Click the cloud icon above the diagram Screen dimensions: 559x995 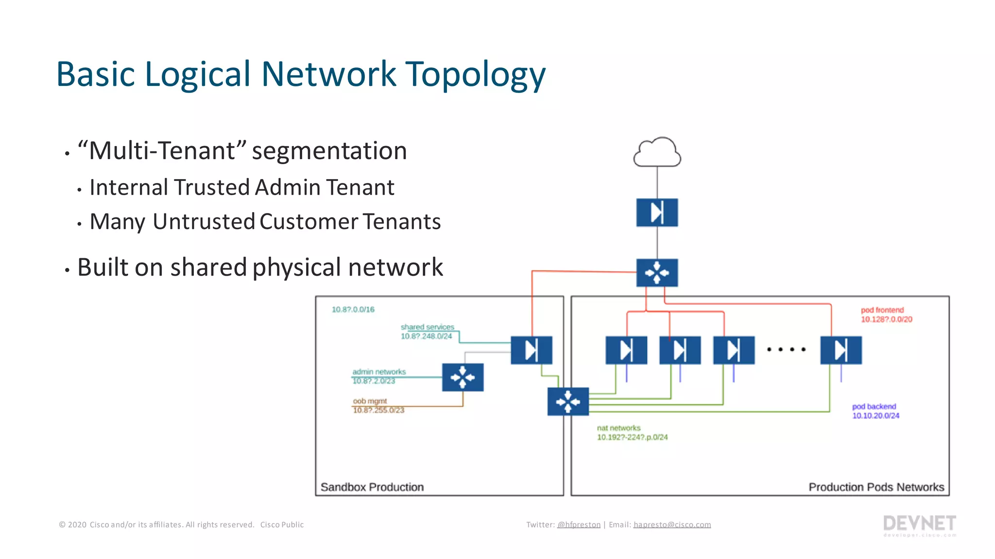657,153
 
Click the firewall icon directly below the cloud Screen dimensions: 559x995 657,213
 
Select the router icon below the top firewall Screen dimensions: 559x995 657,273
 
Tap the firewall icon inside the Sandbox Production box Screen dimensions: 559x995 532,350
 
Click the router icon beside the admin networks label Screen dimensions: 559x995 463,377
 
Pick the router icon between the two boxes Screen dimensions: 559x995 568,401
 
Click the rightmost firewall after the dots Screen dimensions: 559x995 841,350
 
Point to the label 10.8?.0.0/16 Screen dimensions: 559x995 353,310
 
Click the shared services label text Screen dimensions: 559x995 427,328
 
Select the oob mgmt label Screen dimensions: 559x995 370,401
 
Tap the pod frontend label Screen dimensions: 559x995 882,310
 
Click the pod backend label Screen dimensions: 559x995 874,407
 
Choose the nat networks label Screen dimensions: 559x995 618,428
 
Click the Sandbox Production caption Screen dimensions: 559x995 372,487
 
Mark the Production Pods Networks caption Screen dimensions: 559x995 876,487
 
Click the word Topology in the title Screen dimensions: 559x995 475,75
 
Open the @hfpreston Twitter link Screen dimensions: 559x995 579,525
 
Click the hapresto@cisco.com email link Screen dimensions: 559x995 672,525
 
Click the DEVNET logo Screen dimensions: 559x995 919,524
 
